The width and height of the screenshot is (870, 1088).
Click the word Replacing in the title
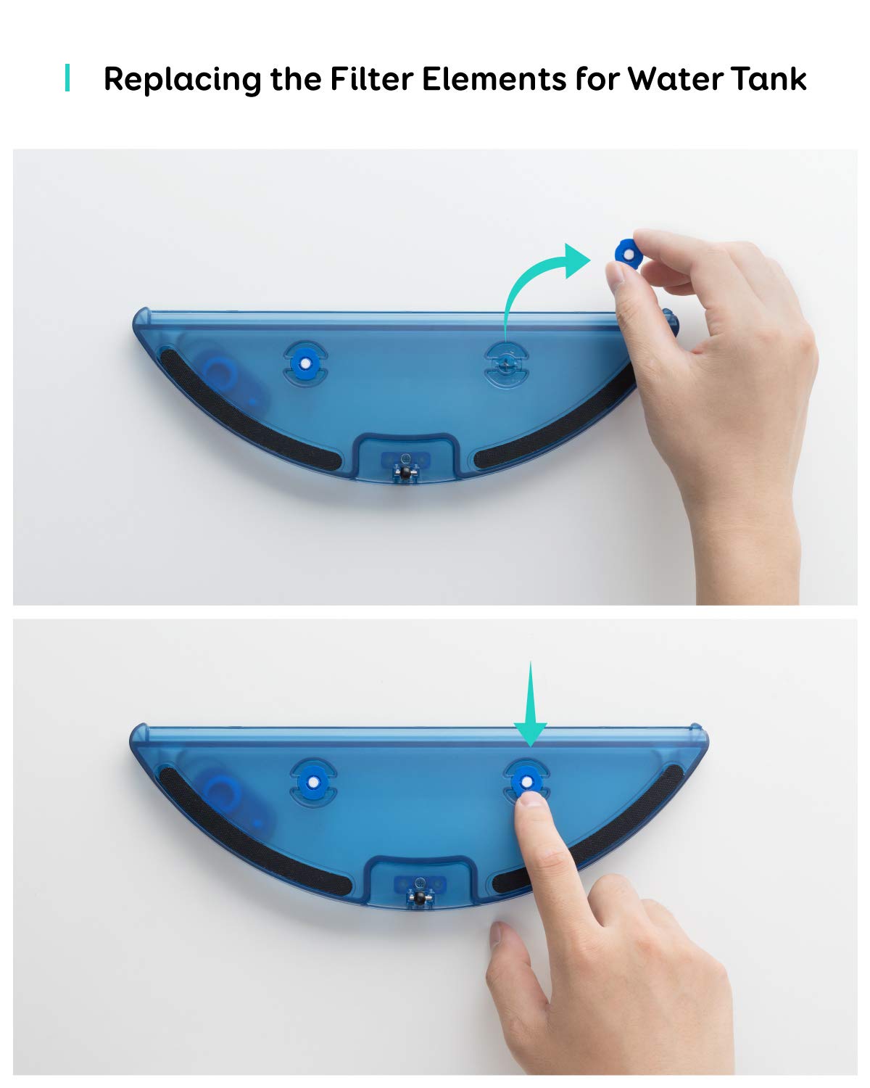[182, 79]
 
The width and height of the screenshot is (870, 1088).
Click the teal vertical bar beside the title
[67, 78]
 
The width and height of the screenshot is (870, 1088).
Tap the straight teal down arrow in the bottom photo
[530, 703]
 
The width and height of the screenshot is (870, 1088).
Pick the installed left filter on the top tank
[304, 363]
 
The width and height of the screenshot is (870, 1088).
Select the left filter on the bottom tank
[313, 783]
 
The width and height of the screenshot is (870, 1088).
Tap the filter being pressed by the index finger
[526, 782]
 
